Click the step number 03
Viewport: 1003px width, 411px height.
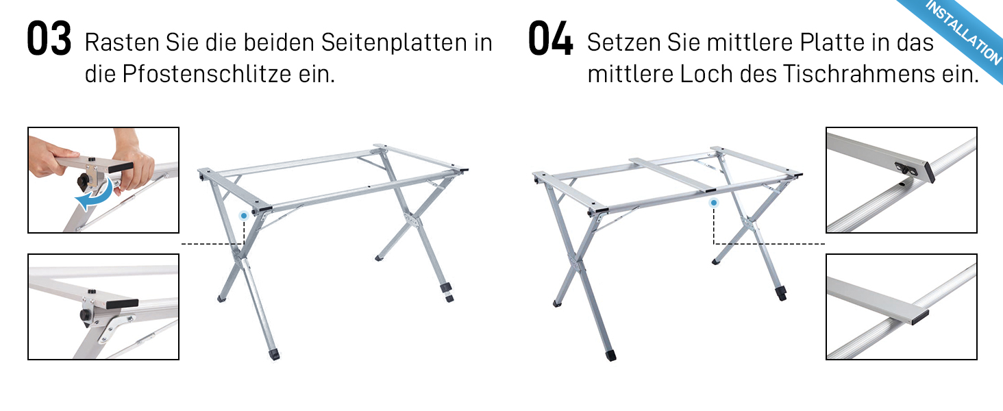(49, 38)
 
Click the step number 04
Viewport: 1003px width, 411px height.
(550, 38)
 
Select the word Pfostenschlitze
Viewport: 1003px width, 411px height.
(207, 74)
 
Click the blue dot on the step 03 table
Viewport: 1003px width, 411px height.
(244, 216)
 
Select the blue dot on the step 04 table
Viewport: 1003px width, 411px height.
(714, 203)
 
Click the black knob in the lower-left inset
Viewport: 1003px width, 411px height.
(85, 314)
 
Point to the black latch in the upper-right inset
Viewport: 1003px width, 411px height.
(904, 169)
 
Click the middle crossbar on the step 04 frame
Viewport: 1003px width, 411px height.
(670, 175)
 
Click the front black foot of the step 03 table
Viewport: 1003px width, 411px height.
(273, 355)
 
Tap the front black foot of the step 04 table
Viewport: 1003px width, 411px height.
(610, 356)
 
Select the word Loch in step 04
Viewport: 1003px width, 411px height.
(706, 74)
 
